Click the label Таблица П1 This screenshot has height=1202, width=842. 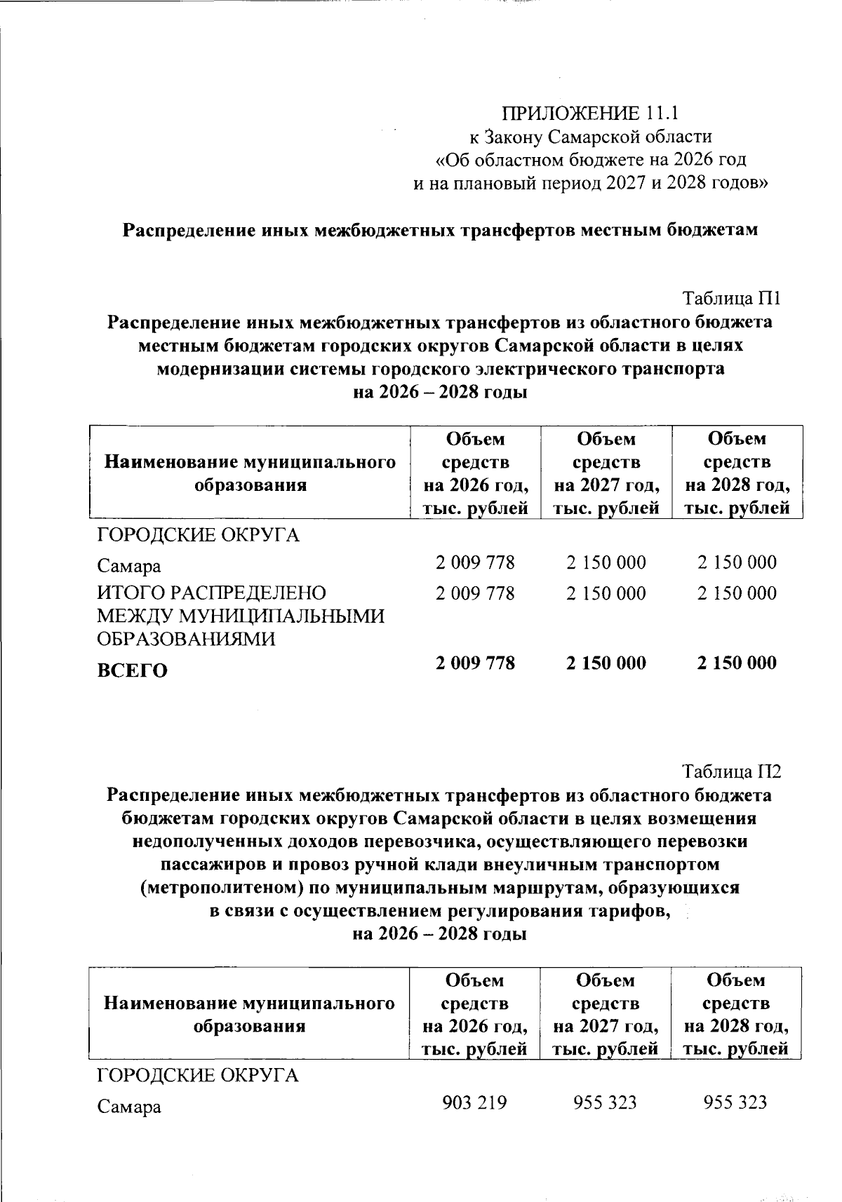(x=732, y=299)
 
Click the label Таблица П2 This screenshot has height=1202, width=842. (x=732, y=771)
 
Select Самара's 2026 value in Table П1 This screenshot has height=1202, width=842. (x=475, y=562)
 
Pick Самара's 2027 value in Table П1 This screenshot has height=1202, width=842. (x=606, y=562)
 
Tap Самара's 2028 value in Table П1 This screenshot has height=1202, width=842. (x=737, y=562)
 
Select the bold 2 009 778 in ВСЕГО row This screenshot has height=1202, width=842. (x=475, y=663)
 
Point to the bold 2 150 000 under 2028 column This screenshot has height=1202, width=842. (x=737, y=663)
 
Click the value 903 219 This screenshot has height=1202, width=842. (x=474, y=1102)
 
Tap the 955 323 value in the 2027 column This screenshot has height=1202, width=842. (x=605, y=1102)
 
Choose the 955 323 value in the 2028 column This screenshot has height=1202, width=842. (x=735, y=1102)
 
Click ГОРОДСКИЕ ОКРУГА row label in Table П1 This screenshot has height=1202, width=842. (x=198, y=536)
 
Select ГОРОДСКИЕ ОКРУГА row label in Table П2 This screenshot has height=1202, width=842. (x=197, y=1076)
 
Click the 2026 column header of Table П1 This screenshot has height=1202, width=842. (x=475, y=473)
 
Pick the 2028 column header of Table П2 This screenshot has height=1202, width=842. (x=736, y=1014)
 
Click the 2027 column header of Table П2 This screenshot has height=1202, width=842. (x=606, y=1014)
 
